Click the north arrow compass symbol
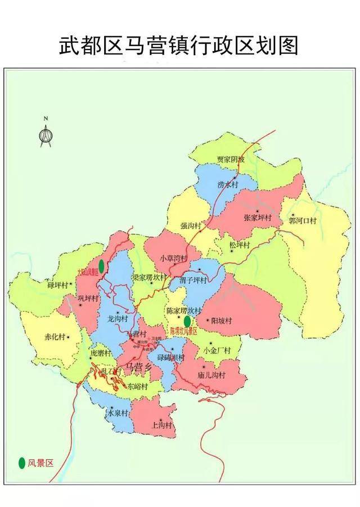[x=46, y=132]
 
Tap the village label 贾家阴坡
[x=231, y=160]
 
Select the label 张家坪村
[x=258, y=218]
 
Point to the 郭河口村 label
[x=303, y=220]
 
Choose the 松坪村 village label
[x=241, y=245]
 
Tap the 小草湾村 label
[x=173, y=259]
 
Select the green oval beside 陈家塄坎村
[x=187, y=320]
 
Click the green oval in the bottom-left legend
[x=21, y=463]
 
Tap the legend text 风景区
[x=40, y=463]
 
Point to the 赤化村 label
[x=55, y=337]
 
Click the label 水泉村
[x=119, y=413]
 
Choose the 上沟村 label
[x=162, y=425]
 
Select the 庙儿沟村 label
[x=211, y=375]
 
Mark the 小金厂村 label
[x=217, y=350]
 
